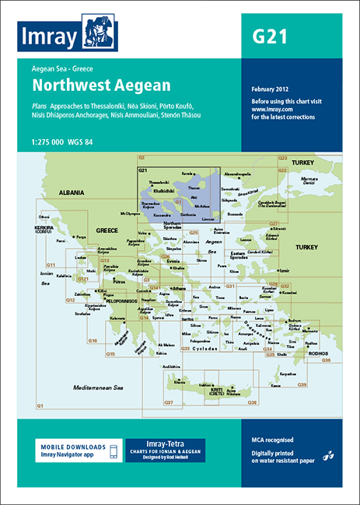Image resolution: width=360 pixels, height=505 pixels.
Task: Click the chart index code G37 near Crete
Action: tap(168, 402)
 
